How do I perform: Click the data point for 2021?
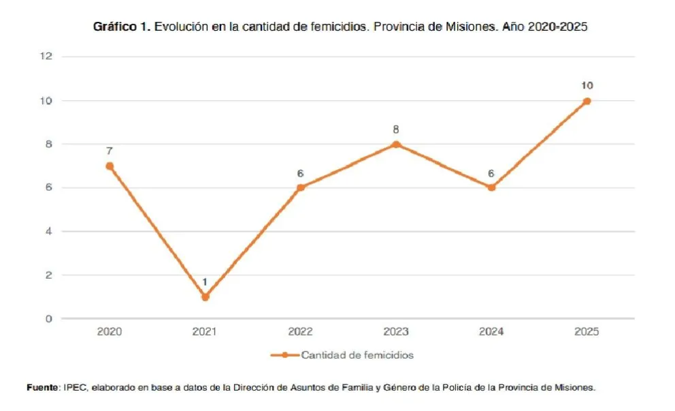point(205,296)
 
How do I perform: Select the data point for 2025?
point(587,101)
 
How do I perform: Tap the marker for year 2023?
point(396,144)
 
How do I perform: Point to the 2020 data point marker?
point(110,166)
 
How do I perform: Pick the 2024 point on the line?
point(491,187)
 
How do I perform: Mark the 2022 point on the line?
point(301,187)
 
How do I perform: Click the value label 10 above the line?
point(587,85)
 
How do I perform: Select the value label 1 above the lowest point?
point(205,281)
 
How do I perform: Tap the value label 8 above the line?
point(396,130)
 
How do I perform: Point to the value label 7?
point(110,151)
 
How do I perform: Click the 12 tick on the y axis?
point(46,57)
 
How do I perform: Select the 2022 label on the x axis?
point(301,333)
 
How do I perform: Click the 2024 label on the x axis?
point(491,333)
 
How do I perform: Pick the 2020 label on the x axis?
point(110,333)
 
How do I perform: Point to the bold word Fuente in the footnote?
point(42,387)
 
